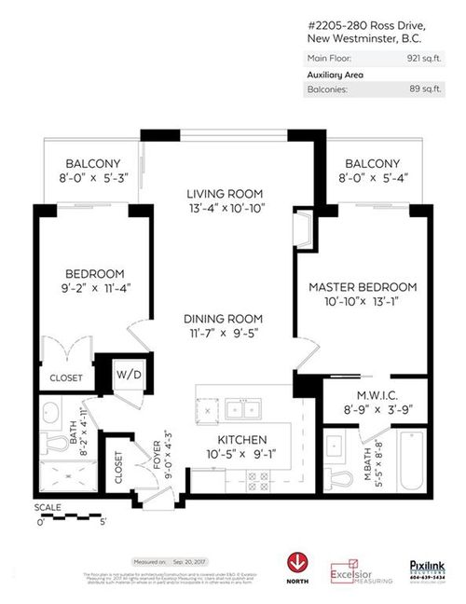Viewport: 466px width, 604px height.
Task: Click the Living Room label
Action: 225,193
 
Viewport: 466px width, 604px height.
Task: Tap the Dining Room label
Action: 225,317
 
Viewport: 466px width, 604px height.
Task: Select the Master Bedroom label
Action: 363,287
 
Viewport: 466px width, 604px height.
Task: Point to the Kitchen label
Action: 243,440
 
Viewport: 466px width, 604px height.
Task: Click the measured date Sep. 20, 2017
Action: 192,562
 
